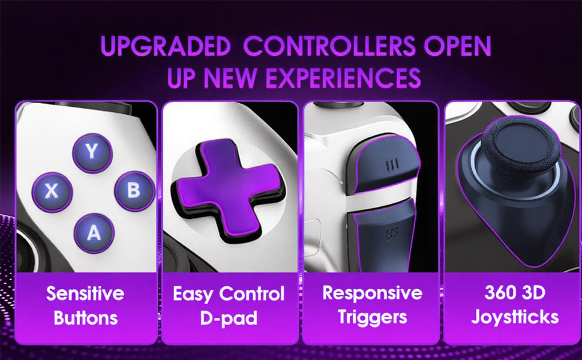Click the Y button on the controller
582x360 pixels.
pyautogui.click(x=91, y=152)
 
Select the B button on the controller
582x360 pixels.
pyautogui.click(x=133, y=191)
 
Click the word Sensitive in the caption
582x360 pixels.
pyautogui.click(x=85, y=294)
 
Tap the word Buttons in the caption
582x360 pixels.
pyautogui.click(x=85, y=318)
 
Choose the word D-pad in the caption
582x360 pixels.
pyautogui.click(x=229, y=318)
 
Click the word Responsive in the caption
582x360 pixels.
pyautogui.click(x=372, y=293)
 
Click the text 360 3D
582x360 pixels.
pyautogui.click(x=515, y=293)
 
